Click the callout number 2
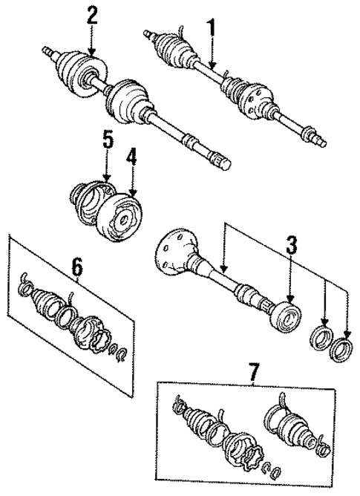coord(91,15)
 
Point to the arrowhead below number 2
coord(92,52)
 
